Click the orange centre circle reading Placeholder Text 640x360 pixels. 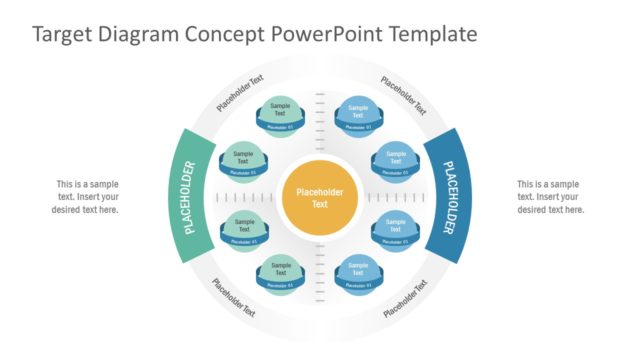pos(319,198)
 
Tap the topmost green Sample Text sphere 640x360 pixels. pos(280,113)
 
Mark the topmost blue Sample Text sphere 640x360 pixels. pos(358,113)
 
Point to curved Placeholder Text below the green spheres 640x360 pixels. pos(234,297)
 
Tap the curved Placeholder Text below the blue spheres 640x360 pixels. pos(404,297)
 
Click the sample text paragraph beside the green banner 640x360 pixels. pos(85,197)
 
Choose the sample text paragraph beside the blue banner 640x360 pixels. pos(550,197)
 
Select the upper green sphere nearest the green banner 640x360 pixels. pos(241,159)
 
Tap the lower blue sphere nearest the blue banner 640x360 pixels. pos(396,227)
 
